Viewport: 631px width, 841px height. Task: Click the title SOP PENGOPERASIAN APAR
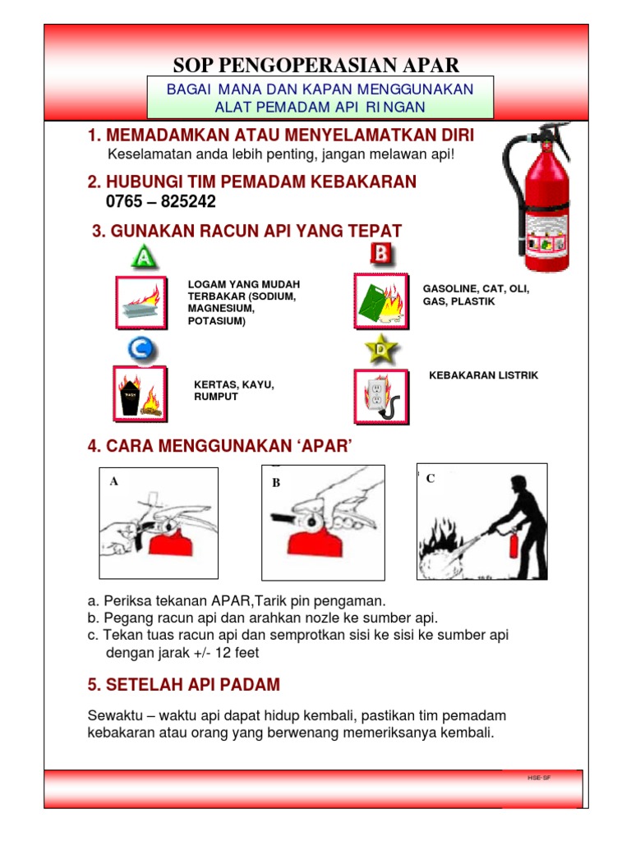point(316,66)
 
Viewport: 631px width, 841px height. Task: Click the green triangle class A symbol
point(144,258)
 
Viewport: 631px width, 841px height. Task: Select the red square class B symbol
point(381,255)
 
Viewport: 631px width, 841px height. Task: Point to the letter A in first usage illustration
point(114,483)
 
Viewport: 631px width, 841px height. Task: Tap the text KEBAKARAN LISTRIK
point(483,375)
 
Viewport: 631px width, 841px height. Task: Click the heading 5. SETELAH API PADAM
point(184,684)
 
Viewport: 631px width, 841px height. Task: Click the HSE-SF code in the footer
point(539,776)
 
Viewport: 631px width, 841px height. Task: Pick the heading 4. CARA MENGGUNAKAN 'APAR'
point(219,446)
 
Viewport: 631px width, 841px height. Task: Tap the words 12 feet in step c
point(239,653)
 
